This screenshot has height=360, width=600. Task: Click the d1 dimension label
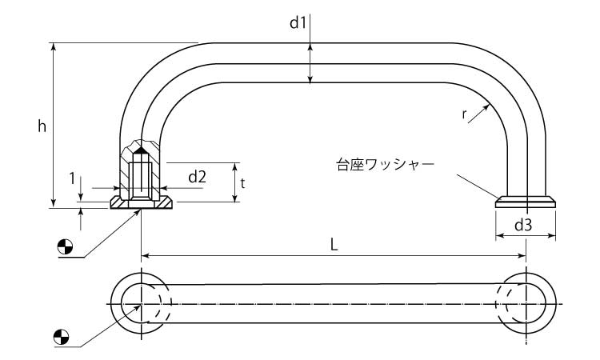pos(298,22)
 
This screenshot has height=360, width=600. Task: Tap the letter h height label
pos(42,126)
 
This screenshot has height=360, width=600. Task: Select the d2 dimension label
pos(198,176)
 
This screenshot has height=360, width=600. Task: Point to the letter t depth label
pos(242,182)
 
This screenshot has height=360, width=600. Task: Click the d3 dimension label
pos(523,225)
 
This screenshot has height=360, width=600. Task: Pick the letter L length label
pos(334,245)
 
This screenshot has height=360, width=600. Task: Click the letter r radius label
pos(465,114)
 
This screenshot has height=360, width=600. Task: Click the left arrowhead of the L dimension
pos(146,256)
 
